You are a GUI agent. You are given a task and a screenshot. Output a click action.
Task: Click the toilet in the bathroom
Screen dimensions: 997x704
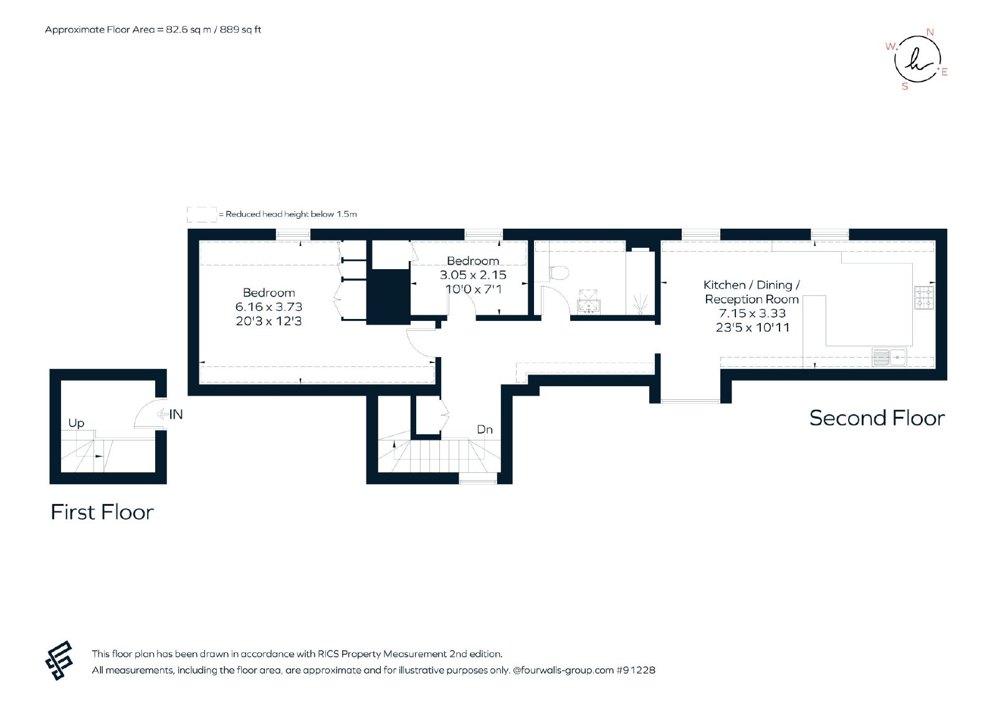(559, 273)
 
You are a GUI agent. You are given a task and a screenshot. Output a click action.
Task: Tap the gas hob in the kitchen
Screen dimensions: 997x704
(924, 298)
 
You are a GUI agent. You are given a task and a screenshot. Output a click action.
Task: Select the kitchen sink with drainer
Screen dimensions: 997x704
(889, 357)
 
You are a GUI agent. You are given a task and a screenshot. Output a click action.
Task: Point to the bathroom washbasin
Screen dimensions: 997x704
(589, 302)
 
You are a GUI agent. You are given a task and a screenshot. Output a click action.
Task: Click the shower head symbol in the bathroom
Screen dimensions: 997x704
(640, 303)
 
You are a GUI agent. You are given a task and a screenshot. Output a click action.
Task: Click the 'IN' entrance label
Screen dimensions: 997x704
(176, 414)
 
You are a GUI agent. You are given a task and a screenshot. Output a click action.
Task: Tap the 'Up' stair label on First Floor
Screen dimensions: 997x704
(76, 423)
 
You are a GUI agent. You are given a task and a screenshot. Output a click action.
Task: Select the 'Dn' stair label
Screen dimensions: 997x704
(485, 429)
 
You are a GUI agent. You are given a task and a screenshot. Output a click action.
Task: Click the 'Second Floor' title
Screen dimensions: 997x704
(877, 418)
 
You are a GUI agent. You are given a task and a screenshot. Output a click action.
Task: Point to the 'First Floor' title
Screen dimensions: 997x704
(102, 512)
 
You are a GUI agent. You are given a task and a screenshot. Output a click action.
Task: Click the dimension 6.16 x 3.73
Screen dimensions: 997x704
(269, 307)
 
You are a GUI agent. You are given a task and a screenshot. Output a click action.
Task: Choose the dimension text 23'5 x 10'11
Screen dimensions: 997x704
(753, 328)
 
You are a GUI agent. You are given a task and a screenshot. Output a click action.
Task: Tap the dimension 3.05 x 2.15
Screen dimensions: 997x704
(473, 275)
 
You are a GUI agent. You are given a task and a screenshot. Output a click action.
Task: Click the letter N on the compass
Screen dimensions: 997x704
(930, 32)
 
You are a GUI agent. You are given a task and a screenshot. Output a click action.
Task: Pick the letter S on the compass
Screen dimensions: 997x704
(904, 87)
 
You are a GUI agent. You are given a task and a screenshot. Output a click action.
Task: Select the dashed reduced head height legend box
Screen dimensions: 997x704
(202, 214)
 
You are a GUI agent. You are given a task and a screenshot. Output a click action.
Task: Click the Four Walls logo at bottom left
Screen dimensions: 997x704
(59, 660)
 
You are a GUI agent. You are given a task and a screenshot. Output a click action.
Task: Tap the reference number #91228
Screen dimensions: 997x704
(636, 670)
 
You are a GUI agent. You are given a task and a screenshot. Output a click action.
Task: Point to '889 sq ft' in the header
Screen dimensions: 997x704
(241, 30)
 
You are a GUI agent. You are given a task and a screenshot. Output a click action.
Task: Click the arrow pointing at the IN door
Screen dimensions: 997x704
(162, 414)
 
